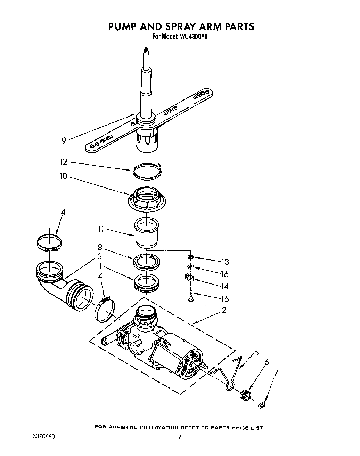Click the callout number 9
(64, 141)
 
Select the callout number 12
(63, 162)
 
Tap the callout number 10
(63, 177)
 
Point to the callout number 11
(101, 229)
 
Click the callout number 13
(225, 262)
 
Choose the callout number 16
(225, 274)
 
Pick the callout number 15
(225, 298)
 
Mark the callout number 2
(224, 311)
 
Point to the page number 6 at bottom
(180, 438)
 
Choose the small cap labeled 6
(245, 394)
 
